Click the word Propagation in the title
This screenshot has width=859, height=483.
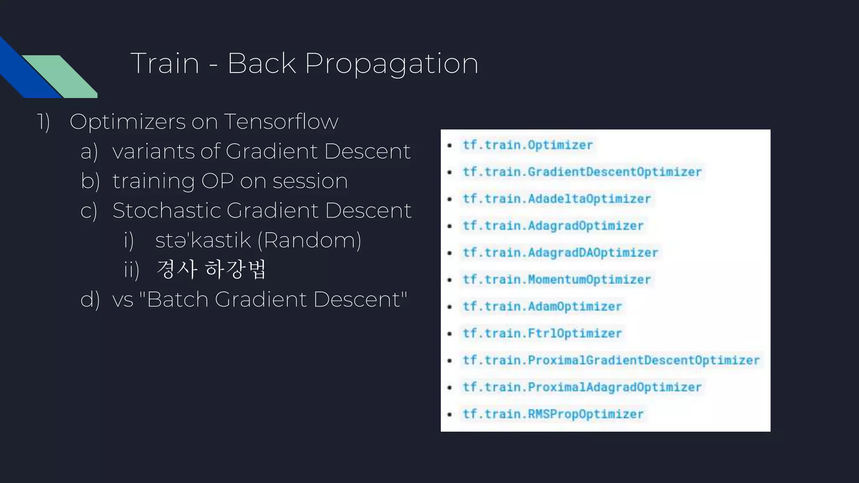point(391,64)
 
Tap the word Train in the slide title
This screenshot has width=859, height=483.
point(164,64)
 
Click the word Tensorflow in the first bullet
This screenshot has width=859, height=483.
point(281,122)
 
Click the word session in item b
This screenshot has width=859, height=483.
point(310,181)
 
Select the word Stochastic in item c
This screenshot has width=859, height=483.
point(167,210)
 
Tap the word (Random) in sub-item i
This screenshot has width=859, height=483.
point(309,240)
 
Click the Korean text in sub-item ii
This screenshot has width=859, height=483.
point(211,269)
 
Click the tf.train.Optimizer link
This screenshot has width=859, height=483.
point(527,145)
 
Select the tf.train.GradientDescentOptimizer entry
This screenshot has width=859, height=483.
point(582,172)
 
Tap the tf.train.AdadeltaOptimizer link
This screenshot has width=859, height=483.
point(556,199)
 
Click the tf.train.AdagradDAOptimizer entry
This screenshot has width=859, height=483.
point(560,252)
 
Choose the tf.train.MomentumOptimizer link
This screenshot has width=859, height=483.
point(556,280)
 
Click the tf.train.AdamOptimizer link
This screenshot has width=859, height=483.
point(542,306)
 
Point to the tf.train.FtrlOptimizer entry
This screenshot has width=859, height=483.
point(542,333)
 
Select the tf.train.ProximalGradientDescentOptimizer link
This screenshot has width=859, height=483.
point(611,360)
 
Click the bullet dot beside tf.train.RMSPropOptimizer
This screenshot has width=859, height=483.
point(450,414)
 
